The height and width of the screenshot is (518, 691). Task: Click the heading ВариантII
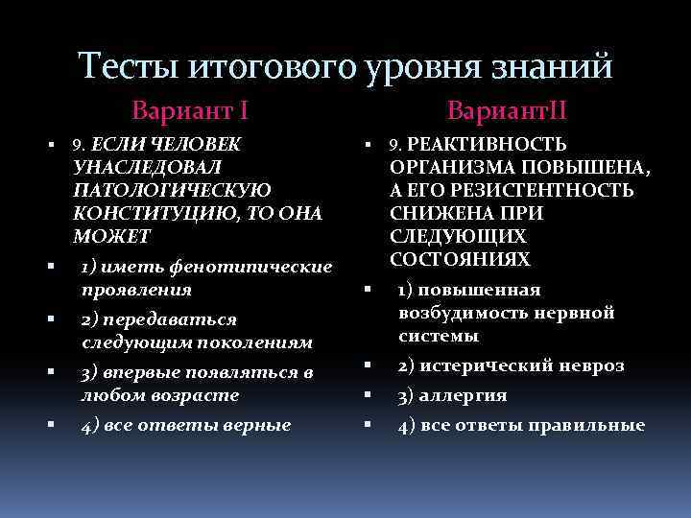[x=499, y=110]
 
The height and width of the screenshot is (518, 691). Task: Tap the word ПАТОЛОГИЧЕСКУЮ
[x=172, y=190]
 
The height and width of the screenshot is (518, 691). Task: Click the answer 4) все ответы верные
[x=185, y=423]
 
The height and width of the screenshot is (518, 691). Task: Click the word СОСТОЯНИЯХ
[x=461, y=260]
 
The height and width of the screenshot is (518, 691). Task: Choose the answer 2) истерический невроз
[x=511, y=365]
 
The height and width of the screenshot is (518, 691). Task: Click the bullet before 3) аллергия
[x=368, y=394]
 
